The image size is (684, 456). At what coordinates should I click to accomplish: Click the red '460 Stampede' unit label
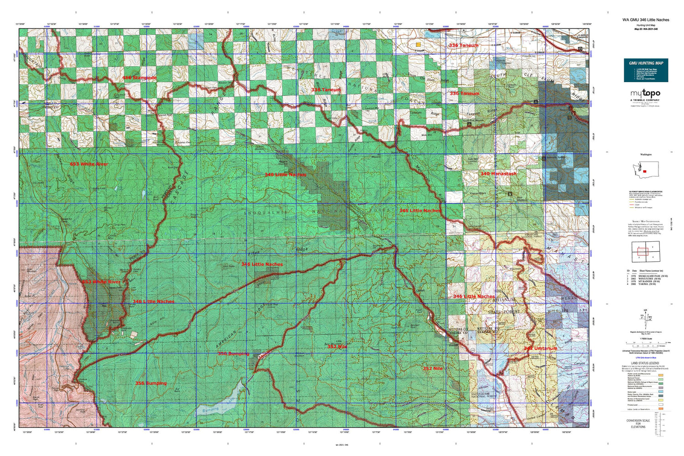139,78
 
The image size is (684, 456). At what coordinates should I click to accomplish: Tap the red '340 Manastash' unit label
498,174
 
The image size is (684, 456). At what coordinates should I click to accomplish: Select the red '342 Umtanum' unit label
540,348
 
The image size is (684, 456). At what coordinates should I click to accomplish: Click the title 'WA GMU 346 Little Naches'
646,20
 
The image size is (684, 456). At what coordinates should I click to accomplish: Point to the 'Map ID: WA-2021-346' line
646,29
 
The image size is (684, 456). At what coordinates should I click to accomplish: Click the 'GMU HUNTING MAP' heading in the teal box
646,63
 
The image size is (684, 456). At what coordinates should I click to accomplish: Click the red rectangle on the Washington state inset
645,171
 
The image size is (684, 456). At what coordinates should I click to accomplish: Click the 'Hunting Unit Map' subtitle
646,25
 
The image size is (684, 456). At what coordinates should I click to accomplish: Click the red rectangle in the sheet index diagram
642,250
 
